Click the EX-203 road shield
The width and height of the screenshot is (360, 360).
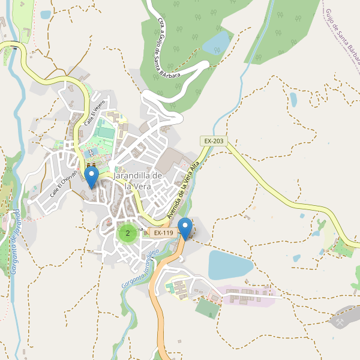tap(214, 141)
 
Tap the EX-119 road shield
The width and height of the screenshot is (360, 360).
tap(163, 233)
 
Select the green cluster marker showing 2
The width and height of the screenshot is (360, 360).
tap(127, 233)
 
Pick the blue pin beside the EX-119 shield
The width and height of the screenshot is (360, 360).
tap(185, 228)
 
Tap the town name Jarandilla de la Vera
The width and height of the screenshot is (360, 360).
tap(137, 181)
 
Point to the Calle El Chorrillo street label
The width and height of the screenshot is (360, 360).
tap(64, 184)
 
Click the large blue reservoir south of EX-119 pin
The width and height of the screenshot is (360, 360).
tap(230, 264)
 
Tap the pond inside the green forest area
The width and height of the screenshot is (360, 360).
tap(217, 42)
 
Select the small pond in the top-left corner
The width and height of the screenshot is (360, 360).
tap(46, 14)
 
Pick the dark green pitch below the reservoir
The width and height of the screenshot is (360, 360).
tap(208, 308)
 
